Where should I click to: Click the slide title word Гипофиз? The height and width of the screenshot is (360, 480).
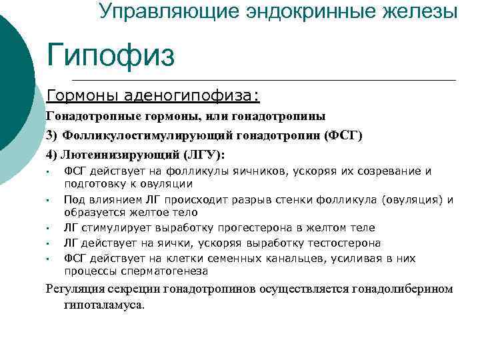pyautogui.click(x=110, y=55)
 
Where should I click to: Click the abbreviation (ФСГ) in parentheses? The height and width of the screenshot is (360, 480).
pyautogui.click(x=343, y=136)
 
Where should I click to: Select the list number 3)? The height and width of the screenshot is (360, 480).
pyautogui.click(x=53, y=136)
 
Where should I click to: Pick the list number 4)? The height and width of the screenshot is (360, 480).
pyautogui.click(x=53, y=155)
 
